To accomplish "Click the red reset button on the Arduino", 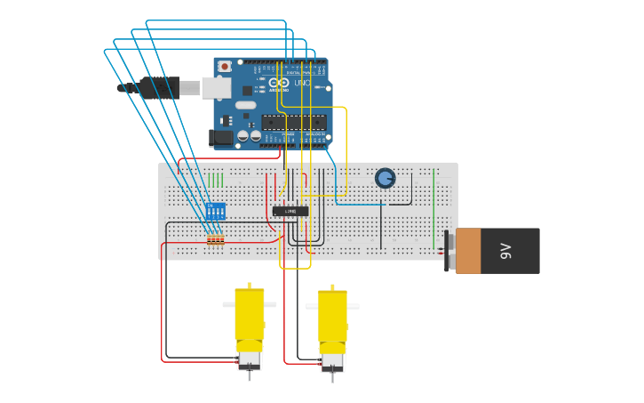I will coord(225,66).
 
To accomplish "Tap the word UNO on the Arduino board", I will coord(302,84).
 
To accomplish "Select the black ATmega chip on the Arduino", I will coord(293,123).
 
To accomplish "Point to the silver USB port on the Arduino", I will coord(216,87).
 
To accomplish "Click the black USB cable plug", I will coord(156,87).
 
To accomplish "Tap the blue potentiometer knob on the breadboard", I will coord(385,178).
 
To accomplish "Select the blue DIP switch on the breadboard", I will coord(215,212).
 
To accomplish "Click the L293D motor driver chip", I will coord(290,211).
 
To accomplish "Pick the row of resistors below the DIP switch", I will coord(215,239).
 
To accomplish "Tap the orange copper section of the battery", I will coord(468,251).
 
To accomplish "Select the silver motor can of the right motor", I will coord(332,361).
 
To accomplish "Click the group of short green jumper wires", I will coord(216,180).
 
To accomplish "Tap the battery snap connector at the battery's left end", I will coord(449,251).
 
